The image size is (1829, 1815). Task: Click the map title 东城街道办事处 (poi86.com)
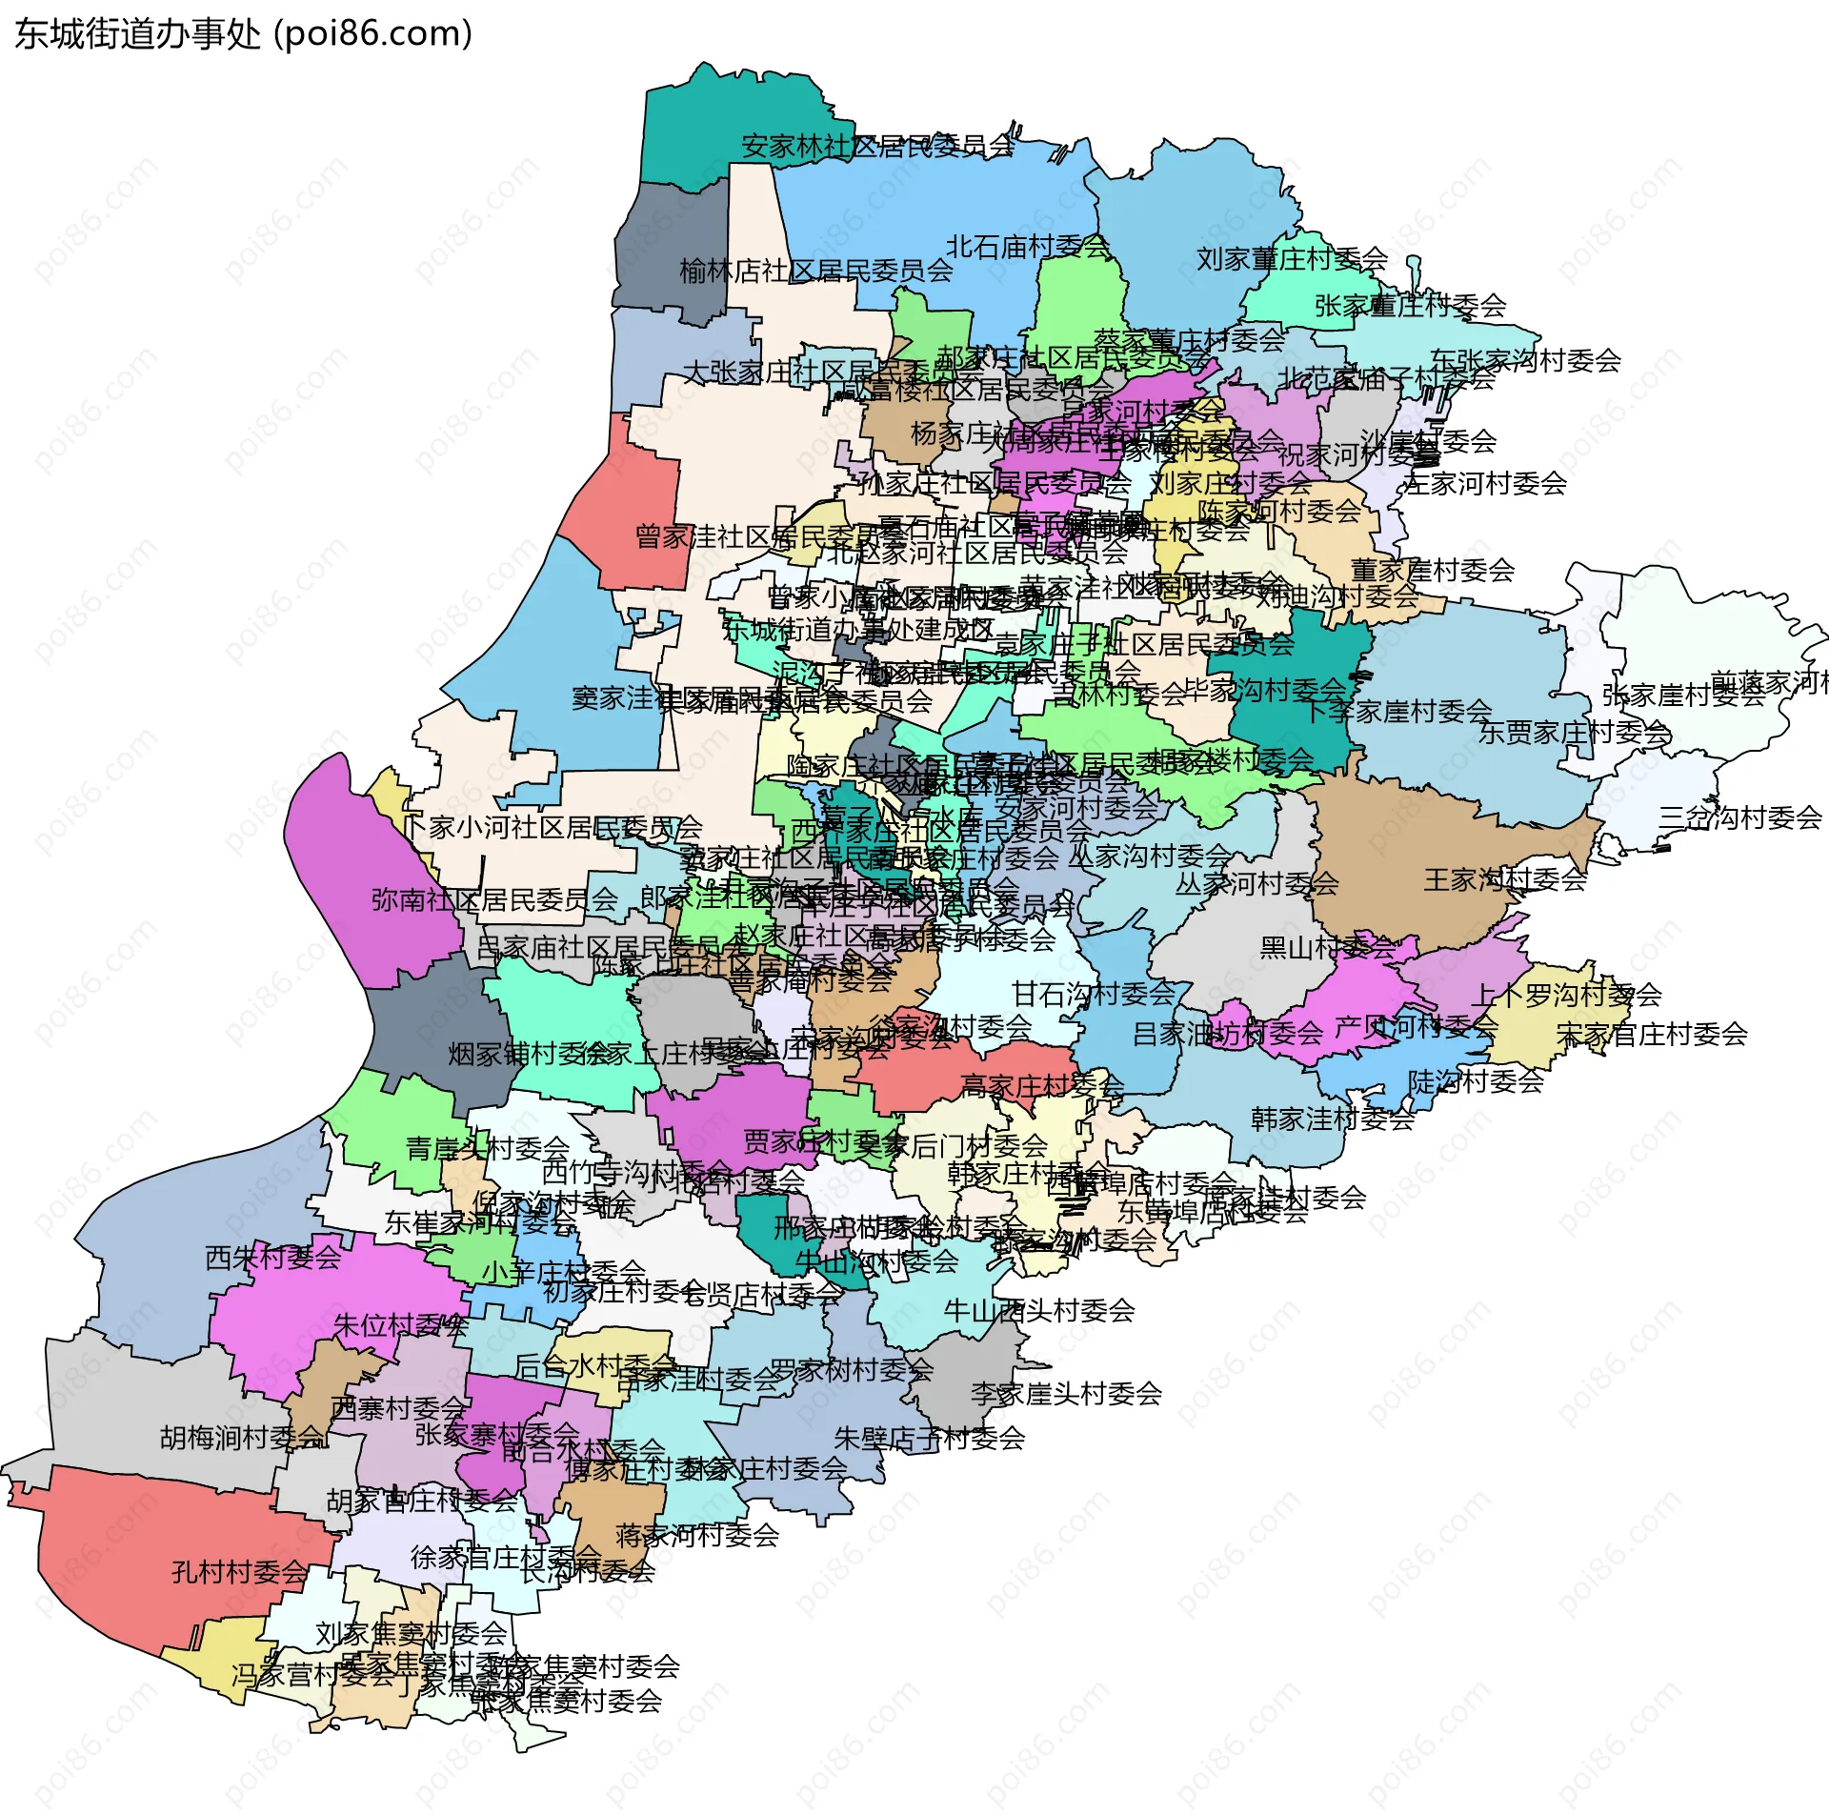point(244,34)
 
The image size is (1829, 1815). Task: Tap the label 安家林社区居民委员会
point(877,147)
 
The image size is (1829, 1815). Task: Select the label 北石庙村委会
point(1028,248)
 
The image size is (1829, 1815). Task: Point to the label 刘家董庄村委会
point(1292,259)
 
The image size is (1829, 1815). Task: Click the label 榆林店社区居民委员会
point(816,272)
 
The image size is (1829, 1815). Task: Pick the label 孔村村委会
point(240,1572)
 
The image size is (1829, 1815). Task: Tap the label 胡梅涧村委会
point(243,1438)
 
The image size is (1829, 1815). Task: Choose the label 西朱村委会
point(273,1258)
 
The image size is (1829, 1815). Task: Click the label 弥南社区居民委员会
point(494,899)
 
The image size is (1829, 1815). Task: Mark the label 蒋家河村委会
point(697,1535)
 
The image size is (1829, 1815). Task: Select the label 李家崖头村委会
point(1066,1394)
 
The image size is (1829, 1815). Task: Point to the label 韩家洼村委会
point(1333,1119)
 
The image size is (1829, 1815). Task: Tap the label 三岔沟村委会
point(1739,817)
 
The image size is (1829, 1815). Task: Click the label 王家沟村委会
point(1505,879)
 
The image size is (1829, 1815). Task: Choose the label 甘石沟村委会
point(1094,995)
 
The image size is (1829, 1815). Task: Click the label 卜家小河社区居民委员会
point(552,827)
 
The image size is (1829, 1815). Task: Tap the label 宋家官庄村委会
point(1652,1034)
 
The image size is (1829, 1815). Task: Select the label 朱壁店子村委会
point(929,1438)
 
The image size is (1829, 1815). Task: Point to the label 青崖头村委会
point(488,1148)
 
